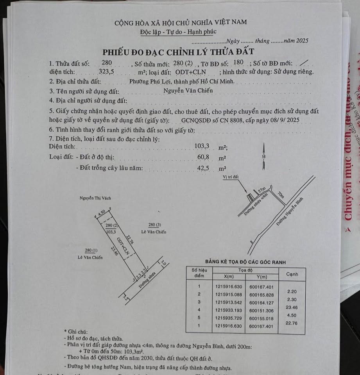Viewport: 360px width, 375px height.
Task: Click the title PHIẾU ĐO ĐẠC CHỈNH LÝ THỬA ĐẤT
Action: tap(178, 52)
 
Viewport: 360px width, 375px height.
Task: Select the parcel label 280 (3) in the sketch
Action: tap(154, 225)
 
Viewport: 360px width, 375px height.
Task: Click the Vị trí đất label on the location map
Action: tap(230, 177)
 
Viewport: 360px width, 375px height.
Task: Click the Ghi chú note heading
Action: tap(75, 331)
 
